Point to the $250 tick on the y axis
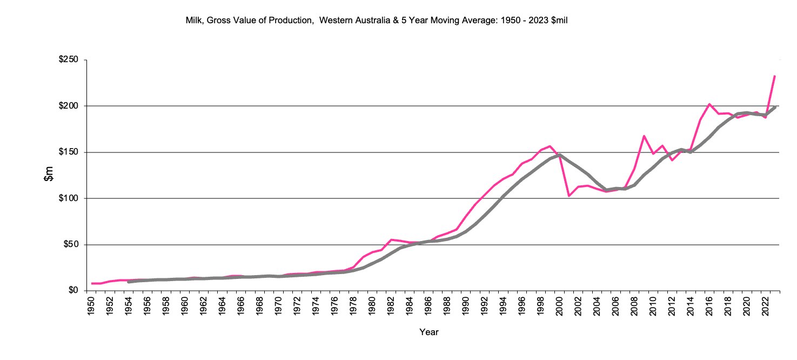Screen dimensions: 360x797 69,60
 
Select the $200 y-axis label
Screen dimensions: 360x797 69,106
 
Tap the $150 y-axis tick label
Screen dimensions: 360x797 69,152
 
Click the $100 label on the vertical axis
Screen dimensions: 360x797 69,198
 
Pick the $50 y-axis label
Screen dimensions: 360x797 71,244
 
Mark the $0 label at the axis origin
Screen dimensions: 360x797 73,291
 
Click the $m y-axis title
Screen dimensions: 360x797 49,175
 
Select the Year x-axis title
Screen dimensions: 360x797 429,332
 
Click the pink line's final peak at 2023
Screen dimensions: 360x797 775,76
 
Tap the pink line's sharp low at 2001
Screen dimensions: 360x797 569,196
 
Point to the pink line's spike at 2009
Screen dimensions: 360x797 644,136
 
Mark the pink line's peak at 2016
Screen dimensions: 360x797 709,104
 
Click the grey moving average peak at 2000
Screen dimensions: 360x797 560,155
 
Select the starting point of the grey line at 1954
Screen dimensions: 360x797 129,282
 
